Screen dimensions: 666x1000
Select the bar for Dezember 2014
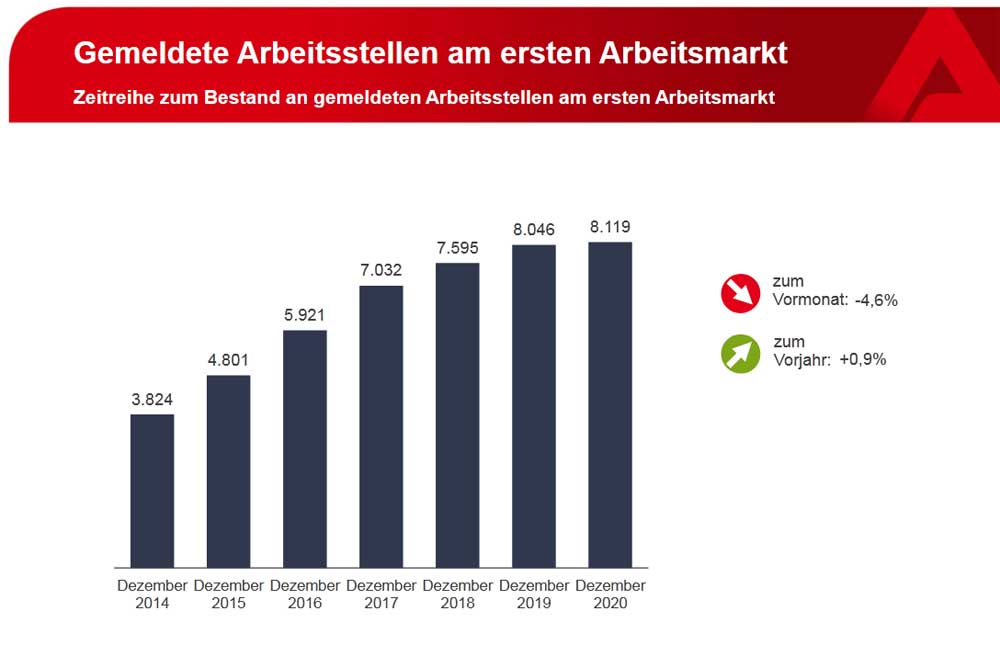click(152, 490)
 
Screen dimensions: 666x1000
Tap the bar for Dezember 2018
click(457, 415)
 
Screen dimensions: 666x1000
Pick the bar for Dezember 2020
click(610, 404)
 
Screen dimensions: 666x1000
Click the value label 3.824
click(152, 399)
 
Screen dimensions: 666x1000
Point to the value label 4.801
click(228, 360)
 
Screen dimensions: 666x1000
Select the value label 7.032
click(381, 270)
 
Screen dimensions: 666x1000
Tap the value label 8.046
click(533, 229)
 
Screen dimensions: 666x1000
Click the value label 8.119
click(610, 226)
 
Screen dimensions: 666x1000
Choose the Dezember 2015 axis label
click(228, 594)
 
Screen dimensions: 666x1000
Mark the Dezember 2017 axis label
click(381, 594)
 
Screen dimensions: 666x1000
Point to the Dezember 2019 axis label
click(533, 594)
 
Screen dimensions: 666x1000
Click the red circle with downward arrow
click(741, 292)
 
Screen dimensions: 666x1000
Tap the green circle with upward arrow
click(741, 352)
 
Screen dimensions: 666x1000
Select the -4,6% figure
click(876, 300)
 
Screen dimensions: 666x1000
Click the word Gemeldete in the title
click(150, 53)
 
